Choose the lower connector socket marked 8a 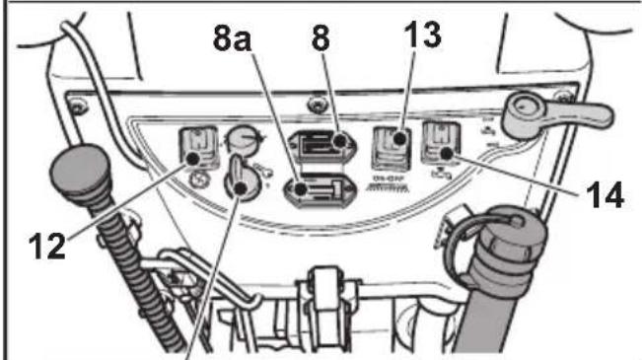click(x=318, y=188)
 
